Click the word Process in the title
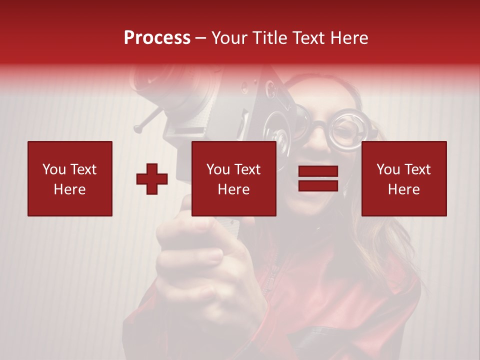pos(157,38)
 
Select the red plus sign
pos(152,179)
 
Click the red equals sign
pos(318,178)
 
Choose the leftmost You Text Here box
pos(70,178)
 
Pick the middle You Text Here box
pos(233,178)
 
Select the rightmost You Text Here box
pos(404,178)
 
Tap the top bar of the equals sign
pos(318,171)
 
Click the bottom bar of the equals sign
pos(318,185)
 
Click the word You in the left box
pos(54,169)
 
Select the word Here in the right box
pos(404,189)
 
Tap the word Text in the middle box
pos(247,169)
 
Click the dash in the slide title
pos(201,38)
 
